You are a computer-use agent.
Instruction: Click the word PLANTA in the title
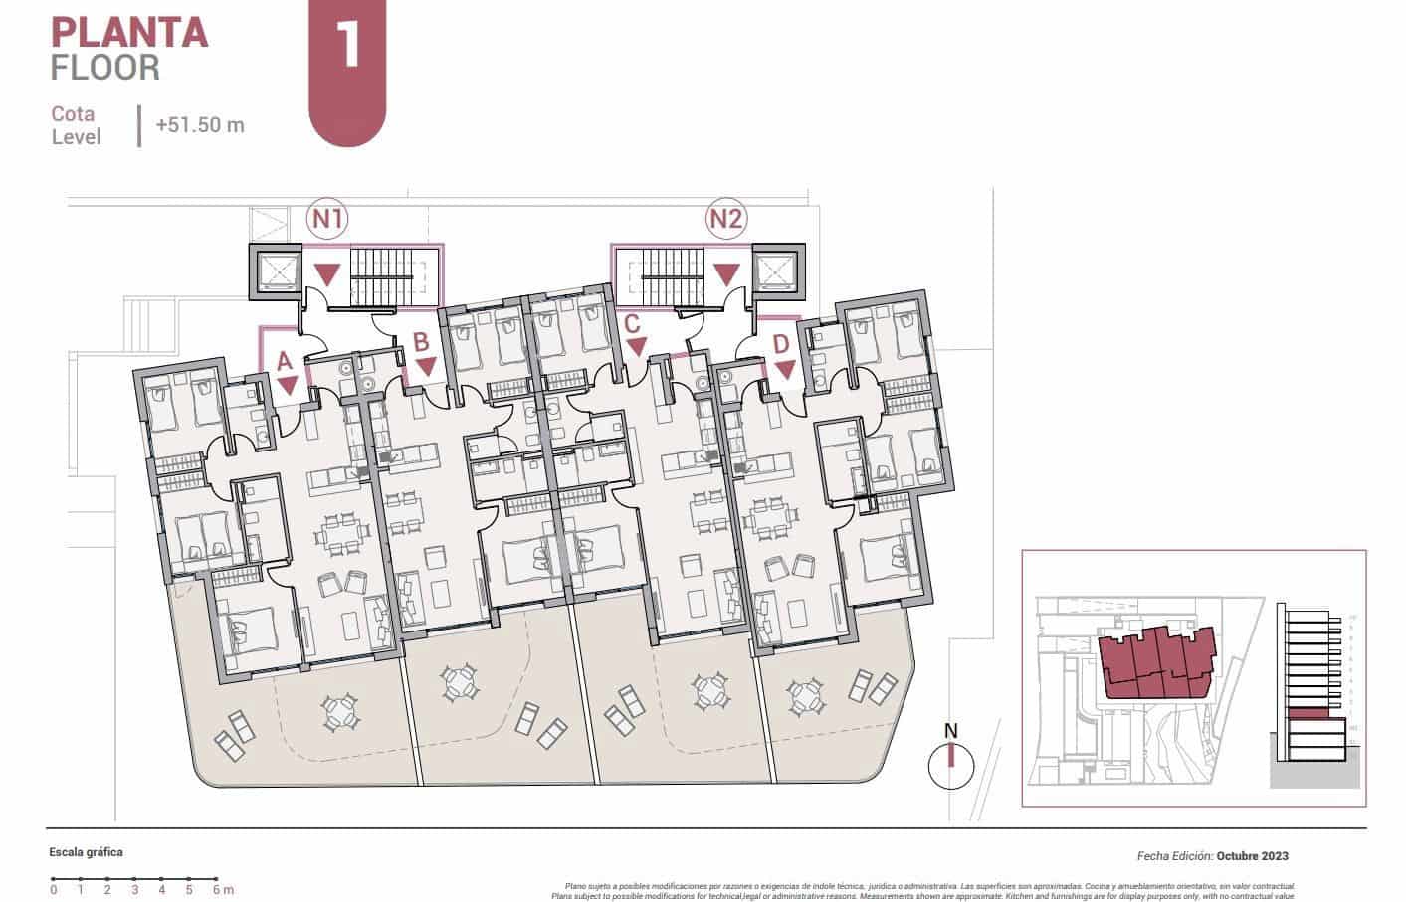pos(129,32)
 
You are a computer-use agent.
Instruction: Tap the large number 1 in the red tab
pos(348,46)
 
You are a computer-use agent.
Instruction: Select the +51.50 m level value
pos(199,125)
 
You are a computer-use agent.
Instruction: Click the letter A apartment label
pos(284,363)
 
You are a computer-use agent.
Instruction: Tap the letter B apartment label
pos(421,343)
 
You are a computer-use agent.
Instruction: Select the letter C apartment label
pos(631,325)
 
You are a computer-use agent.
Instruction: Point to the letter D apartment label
pos(782,345)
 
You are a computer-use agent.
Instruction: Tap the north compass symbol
pos(950,764)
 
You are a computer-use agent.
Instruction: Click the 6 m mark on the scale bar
pos(216,889)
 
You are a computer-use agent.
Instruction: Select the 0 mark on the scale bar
pos(54,889)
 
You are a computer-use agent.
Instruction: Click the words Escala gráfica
pos(87,853)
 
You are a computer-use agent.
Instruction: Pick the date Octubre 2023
pos(1252,855)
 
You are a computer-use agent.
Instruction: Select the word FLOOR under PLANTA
pos(105,68)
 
